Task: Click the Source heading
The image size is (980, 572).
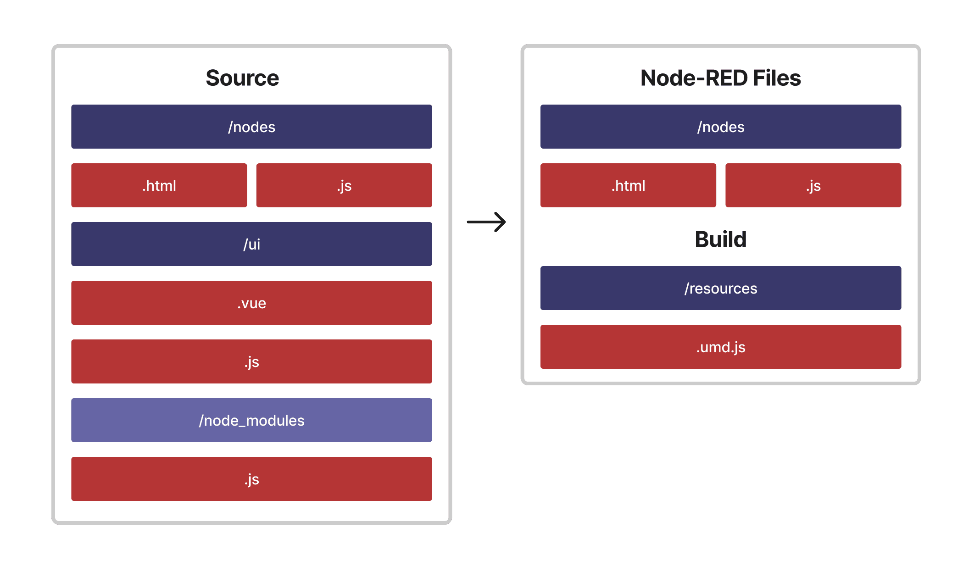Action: [242, 78]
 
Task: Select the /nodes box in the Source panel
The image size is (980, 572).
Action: [251, 127]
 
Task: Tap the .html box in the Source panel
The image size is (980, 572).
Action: [159, 185]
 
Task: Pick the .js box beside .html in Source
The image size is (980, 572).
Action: [344, 185]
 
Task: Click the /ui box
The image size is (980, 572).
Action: [251, 244]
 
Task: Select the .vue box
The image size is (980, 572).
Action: [251, 303]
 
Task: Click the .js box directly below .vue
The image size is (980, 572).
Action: [251, 361]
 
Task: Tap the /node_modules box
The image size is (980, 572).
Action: [251, 420]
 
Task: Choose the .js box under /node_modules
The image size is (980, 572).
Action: [251, 479]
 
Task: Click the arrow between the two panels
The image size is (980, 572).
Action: [486, 222]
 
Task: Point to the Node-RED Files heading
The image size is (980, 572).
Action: [720, 78]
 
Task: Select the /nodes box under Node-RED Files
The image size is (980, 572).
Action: [720, 127]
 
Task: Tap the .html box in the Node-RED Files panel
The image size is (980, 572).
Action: [628, 185]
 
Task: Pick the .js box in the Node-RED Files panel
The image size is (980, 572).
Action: [813, 185]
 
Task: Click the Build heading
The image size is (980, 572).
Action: [720, 239]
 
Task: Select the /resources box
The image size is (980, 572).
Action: [720, 288]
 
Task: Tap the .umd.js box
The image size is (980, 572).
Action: [720, 347]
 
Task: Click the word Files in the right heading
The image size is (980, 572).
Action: [777, 78]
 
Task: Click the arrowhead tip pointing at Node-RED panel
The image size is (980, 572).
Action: [504, 222]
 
